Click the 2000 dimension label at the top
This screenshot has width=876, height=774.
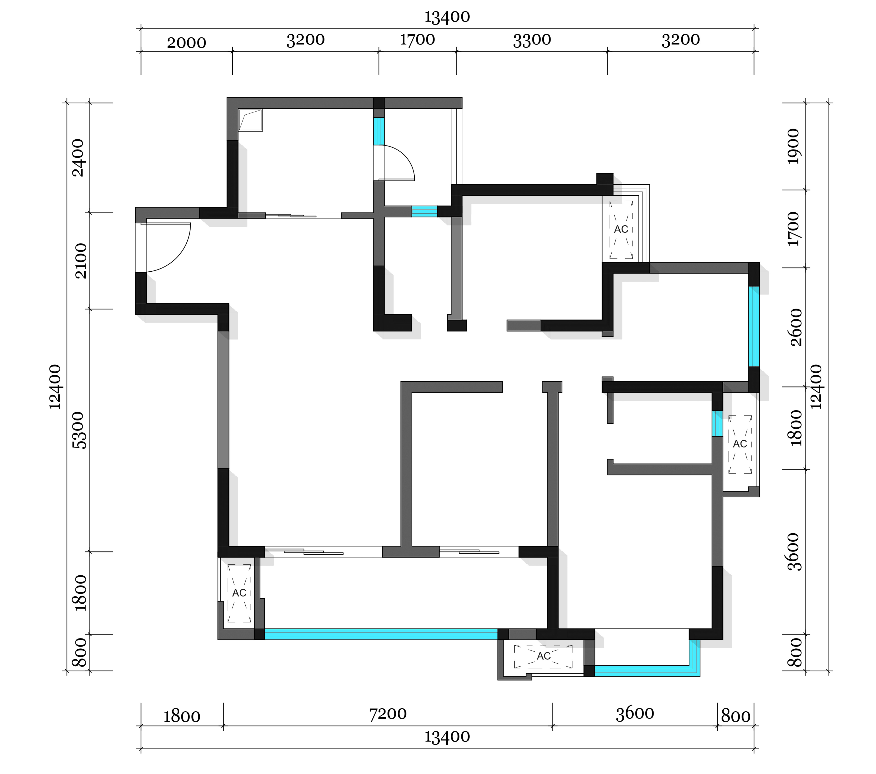186,43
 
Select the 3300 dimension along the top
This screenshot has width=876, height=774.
532,40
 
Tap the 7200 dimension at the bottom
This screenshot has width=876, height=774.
388,714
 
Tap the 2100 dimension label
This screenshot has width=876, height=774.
80,261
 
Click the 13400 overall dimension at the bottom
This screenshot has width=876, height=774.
447,737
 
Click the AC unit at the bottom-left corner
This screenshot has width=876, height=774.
239,593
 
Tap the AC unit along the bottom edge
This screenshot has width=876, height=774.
543,656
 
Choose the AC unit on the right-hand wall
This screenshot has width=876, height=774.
740,444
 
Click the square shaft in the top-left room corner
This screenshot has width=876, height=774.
250,120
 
